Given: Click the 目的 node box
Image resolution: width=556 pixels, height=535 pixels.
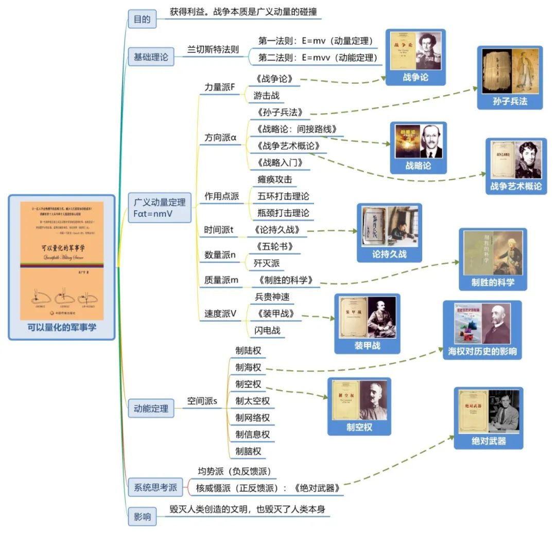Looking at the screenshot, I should pyautogui.click(x=142, y=20).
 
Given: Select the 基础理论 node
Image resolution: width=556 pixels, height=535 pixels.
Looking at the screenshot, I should pyautogui.click(x=151, y=57).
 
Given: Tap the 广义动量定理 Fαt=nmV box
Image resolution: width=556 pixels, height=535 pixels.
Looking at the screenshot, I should pyautogui.click(x=160, y=207).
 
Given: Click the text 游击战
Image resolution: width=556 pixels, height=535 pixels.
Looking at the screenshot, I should pyautogui.click(x=267, y=96).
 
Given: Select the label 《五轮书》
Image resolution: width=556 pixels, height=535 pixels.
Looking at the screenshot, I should pyautogui.click(x=274, y=246).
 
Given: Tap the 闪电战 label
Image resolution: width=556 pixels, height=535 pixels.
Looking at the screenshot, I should pyautogui.click(x=268, y=330).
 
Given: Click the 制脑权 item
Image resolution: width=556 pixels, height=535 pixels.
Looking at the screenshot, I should pyautogui.click(x=249, y=451).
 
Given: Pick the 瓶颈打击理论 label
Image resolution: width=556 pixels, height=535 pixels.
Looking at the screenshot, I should pyautogui.click(x=283, y=213).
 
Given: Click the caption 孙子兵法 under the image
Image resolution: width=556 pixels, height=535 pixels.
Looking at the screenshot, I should pyautogui.click(x=510, y=101).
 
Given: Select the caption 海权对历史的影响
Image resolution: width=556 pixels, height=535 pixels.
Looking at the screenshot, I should pyautogui.click(x=482, y=352).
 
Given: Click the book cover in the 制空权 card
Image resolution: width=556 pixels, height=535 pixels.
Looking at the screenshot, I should pyautogui.click(x=344, y=400).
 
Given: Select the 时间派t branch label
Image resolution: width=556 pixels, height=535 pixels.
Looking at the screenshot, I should pyautogui.click(x=219, y=230).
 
